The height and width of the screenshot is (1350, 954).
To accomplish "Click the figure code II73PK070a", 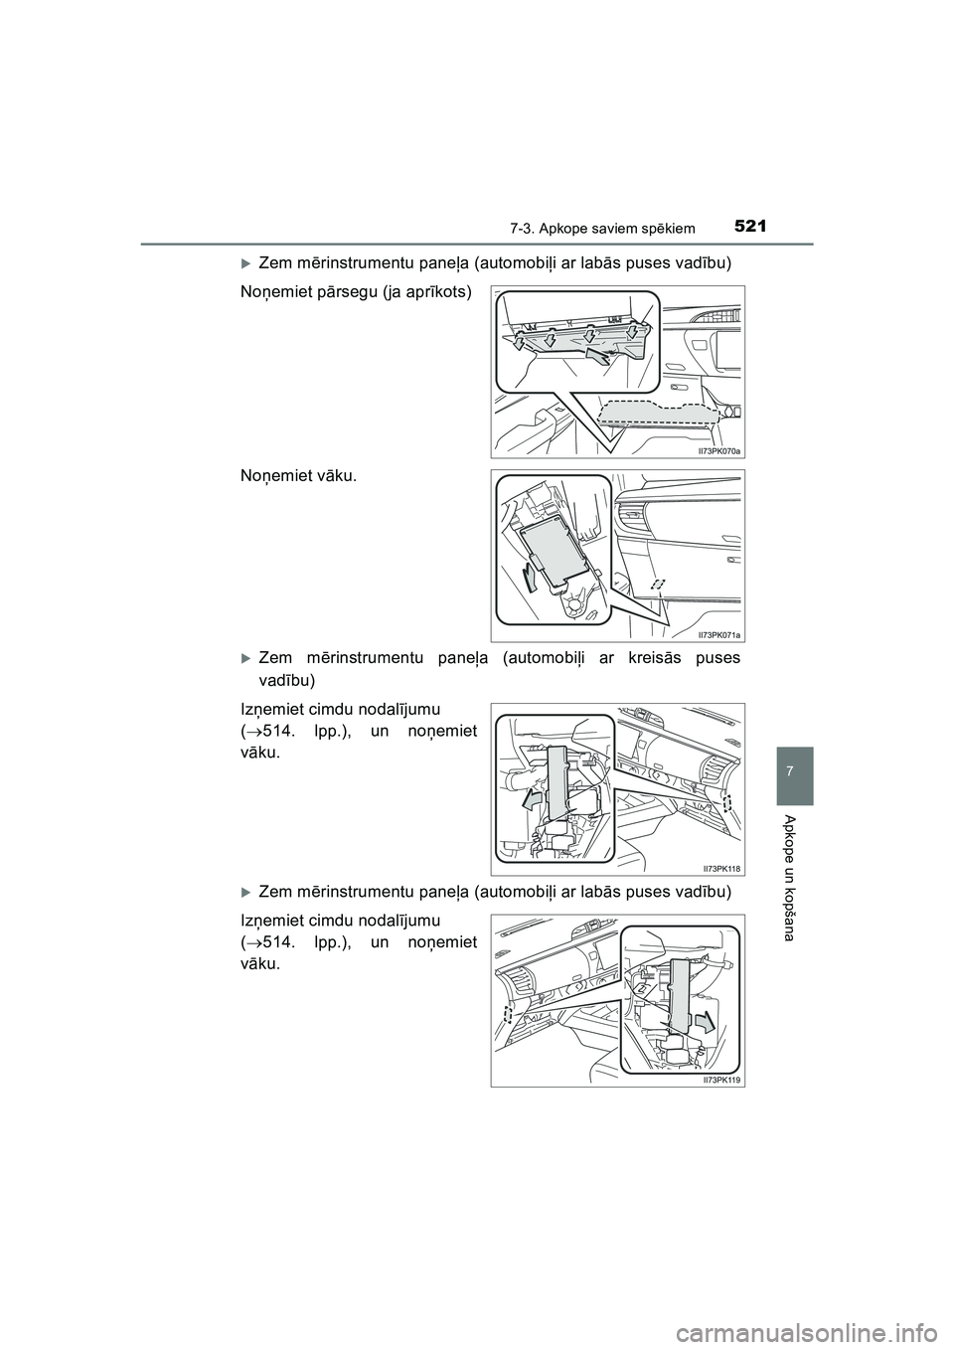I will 719,451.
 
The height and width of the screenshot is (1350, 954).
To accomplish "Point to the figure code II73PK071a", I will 719,634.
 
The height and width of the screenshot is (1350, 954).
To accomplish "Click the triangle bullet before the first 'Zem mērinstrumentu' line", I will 245,262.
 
